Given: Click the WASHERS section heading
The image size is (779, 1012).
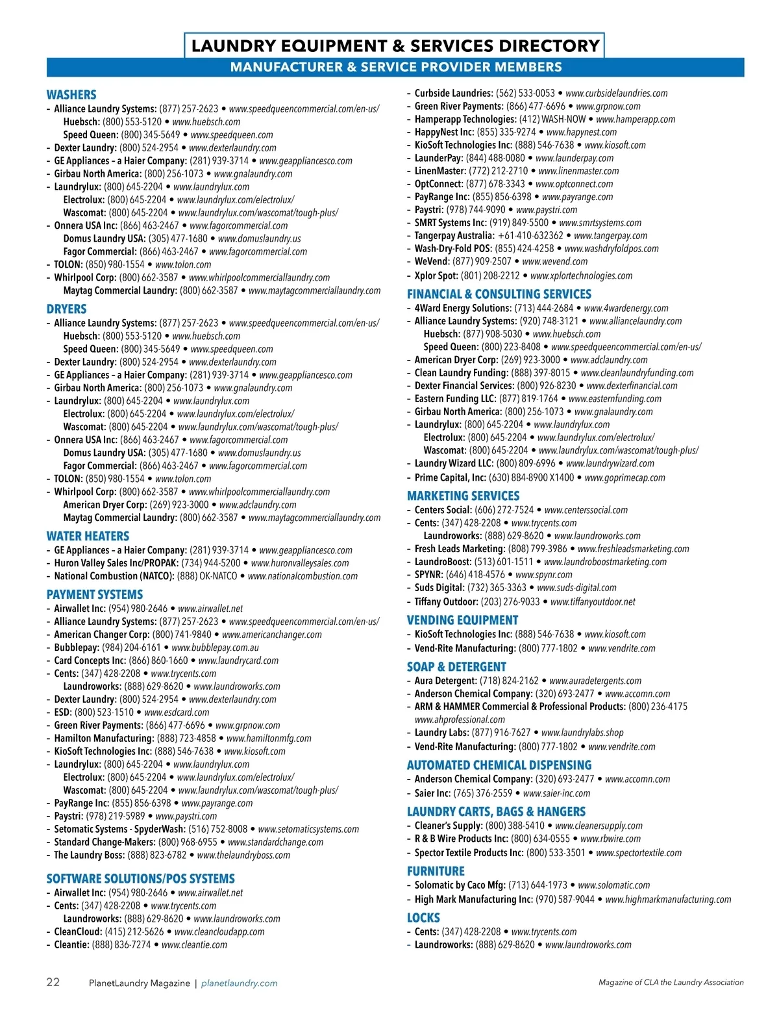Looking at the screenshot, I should tap(71, 95).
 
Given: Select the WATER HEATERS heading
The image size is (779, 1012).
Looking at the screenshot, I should tap(88, 537).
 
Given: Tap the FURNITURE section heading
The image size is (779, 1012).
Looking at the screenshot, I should tap(436, 871).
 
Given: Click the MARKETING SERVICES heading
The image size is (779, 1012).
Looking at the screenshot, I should tap(463, 496).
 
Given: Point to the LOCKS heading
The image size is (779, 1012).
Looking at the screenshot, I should tap(423, 918).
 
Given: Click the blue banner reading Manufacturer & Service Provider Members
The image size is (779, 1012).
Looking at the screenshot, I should tap(395, 67).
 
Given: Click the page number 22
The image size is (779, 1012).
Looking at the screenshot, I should tap(53, 982).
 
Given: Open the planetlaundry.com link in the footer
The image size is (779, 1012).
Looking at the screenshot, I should tap(239, 983).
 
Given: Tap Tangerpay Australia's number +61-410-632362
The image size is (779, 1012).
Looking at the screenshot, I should tap(530, 236).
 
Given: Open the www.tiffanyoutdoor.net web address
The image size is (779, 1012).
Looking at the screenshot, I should tap(593, 602).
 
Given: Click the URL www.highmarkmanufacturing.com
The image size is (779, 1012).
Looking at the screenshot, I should tap(668, 900).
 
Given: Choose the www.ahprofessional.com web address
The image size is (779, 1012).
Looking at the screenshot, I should tap(460, 720).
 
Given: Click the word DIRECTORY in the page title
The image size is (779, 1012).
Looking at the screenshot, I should tap(549, 45).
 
